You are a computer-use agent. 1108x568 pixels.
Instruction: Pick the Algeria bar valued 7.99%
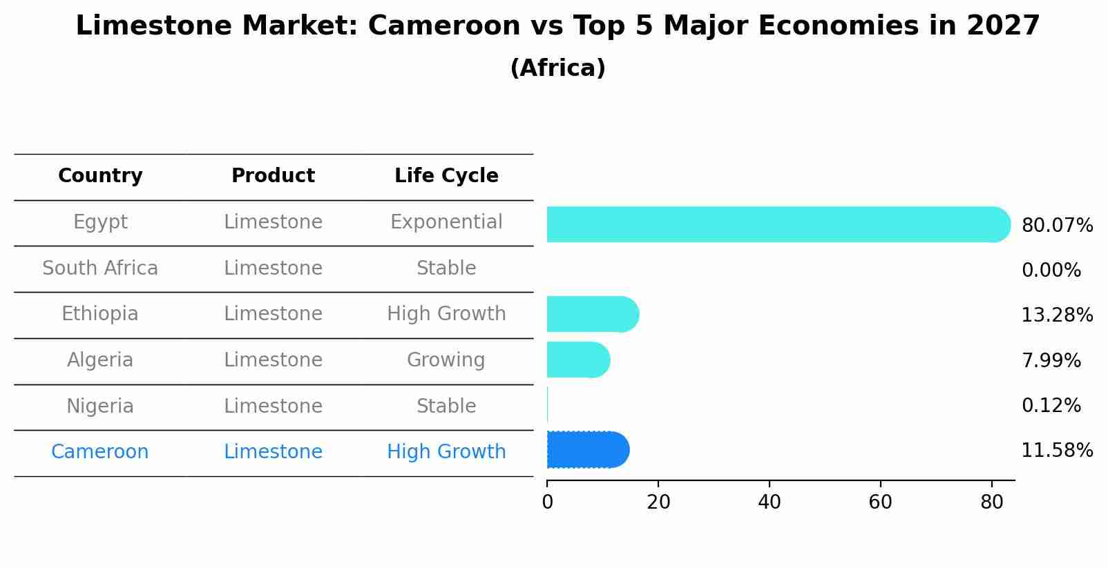577,360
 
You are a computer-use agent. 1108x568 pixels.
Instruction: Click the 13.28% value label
1056,315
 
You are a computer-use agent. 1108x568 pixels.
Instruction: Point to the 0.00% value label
1051,271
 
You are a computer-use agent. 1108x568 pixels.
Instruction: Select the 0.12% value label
1051,406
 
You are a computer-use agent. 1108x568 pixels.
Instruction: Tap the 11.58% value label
1056,451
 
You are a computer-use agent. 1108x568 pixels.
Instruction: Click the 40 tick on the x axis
769,502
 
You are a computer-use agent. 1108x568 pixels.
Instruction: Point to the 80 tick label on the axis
991,502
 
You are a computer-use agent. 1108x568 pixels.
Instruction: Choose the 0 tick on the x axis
547,502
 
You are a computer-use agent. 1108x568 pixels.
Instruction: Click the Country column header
100,176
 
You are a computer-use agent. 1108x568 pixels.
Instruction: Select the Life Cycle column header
446,176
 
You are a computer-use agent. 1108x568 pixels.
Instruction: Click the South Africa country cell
100,268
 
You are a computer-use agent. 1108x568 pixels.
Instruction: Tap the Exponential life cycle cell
446,222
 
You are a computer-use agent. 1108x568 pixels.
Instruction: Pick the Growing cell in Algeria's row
446,360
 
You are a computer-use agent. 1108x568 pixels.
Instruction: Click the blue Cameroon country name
100,452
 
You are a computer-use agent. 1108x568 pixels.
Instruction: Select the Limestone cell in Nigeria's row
273,407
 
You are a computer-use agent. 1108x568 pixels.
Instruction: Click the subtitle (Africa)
557,68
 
